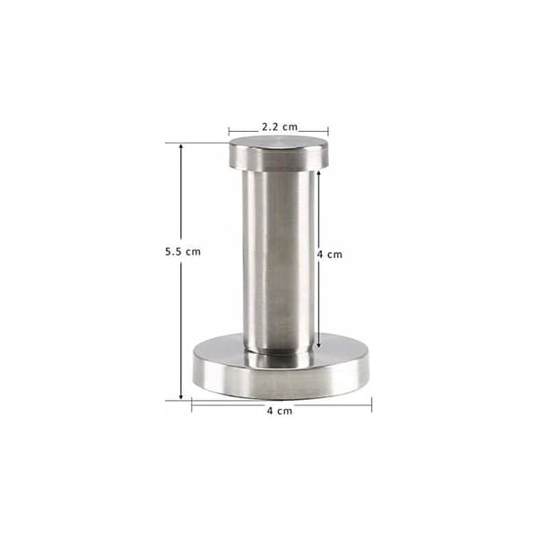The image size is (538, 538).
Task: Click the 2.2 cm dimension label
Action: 280,127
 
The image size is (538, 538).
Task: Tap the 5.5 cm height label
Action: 183,251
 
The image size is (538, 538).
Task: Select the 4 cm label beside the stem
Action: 330,255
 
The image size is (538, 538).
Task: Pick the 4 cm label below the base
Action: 280,411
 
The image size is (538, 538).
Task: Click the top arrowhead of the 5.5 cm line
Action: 181,146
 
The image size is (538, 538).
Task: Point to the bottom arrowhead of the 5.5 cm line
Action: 181,397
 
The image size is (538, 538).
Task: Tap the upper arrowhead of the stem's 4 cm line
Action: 318,173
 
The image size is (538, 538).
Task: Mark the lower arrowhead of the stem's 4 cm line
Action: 318,345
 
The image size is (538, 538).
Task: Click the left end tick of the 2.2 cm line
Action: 230,131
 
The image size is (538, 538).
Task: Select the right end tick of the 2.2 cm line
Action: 328,131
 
